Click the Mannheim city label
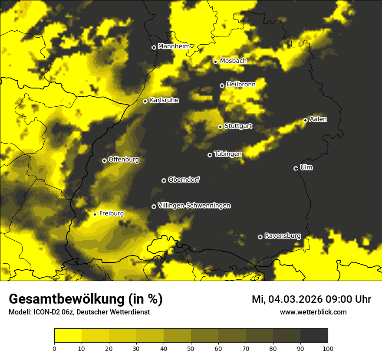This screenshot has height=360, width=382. point(174,46)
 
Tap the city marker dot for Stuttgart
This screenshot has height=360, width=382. point(221,127)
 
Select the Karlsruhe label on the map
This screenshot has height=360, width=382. point(164,100)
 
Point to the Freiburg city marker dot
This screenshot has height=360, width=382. point(95,214)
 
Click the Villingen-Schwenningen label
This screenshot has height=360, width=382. point(194,206)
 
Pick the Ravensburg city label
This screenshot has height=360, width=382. point(283,236)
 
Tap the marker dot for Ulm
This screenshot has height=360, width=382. point(296,168)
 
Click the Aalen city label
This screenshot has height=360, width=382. point(318,119)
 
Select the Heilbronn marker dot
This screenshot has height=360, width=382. point(222,85)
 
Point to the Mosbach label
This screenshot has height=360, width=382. point(233,61)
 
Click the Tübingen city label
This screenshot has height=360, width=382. point(228,154)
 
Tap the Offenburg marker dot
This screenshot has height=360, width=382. point(105,160)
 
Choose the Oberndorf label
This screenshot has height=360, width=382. point(184,180)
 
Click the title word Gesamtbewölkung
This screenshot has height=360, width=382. point(67,299)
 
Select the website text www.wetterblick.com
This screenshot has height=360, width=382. point(313,312)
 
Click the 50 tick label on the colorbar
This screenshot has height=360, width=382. point(191,348)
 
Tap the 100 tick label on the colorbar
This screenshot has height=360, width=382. point(328,348)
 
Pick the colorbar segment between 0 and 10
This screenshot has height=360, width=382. point(68,336)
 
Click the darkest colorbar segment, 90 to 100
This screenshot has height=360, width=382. point(314,336)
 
